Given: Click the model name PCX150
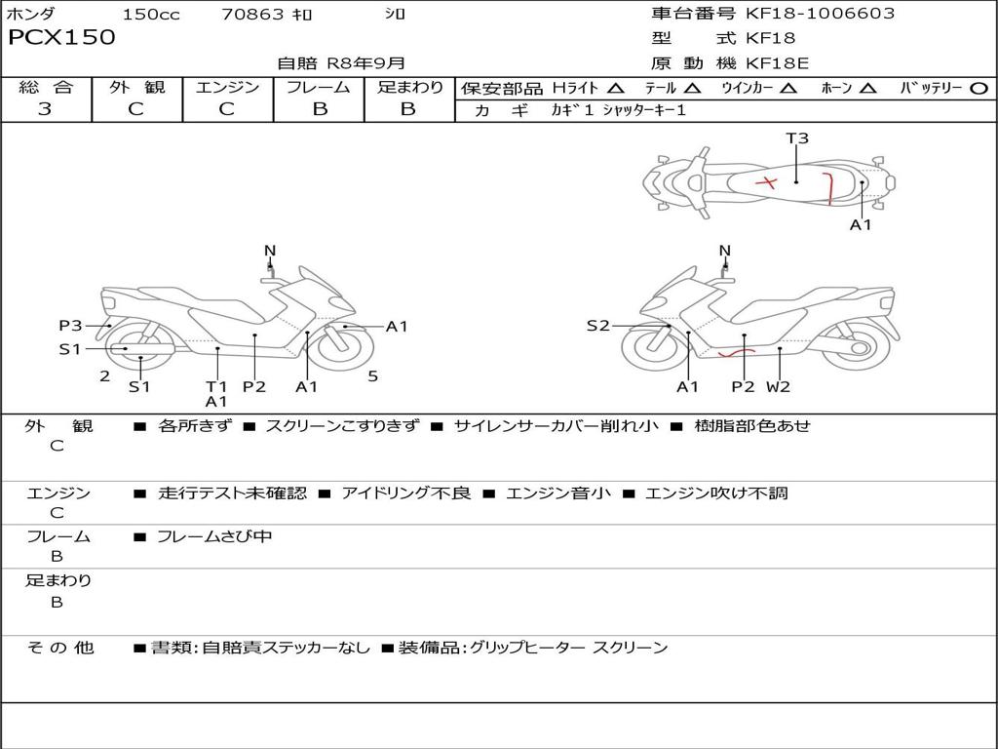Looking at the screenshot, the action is pos(61,38).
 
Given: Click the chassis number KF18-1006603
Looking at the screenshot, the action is pos(820,14).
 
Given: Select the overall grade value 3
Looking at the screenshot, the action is pos(45,109).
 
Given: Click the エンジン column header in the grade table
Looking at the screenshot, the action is pos(227,88).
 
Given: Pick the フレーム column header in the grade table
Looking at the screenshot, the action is pos(318,88).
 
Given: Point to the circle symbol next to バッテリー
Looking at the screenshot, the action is pos(979,89).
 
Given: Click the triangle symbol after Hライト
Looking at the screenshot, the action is pos(615,89).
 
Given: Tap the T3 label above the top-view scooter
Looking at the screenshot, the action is pos(797,138).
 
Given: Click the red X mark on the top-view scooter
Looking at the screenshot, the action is pos(768,182).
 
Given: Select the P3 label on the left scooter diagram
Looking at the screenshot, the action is pos(70,326).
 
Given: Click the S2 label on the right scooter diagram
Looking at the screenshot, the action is pos(597,326).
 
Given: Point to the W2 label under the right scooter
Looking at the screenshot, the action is pos(778,386).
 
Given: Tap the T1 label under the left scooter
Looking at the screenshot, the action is pos(215,386).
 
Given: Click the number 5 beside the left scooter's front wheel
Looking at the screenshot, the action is pos(373,375).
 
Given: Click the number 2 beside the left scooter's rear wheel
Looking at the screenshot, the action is pos(104,375).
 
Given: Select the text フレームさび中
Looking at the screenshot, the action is pos(214,536).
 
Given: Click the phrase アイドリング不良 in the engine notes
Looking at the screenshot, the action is pos(405,493).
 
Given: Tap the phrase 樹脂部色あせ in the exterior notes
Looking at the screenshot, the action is pos(752,426).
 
